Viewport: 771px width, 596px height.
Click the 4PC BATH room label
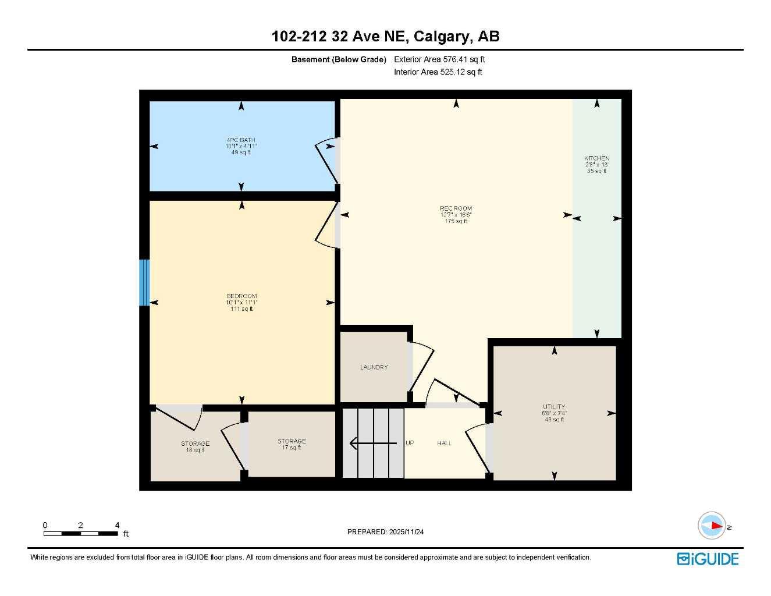[x=241, y=140]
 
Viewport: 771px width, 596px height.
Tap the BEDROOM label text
[x=241, y=296]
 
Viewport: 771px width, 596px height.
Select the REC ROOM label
[x=456, y=208]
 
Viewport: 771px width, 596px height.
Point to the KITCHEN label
[x=596, y=158]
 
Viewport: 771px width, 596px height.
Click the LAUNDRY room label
[x=374, y=367]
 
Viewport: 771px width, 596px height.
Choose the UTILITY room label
[x=554, y=407]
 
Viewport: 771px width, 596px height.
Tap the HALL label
[x=445, y=444]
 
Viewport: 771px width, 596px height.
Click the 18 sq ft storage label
[x=195, y=447]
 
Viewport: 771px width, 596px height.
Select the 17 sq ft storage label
[x=292, y=444]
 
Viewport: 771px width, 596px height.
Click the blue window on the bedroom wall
[x=144, y=283]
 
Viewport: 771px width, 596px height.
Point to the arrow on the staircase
[x=372, y=444]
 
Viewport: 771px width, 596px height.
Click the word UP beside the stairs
[x=410, y=444]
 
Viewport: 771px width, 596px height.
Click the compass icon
[x=712, y=526]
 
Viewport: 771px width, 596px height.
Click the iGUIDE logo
[x=708, y=559]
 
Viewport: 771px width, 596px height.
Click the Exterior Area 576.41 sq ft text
[x=439, y=59]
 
